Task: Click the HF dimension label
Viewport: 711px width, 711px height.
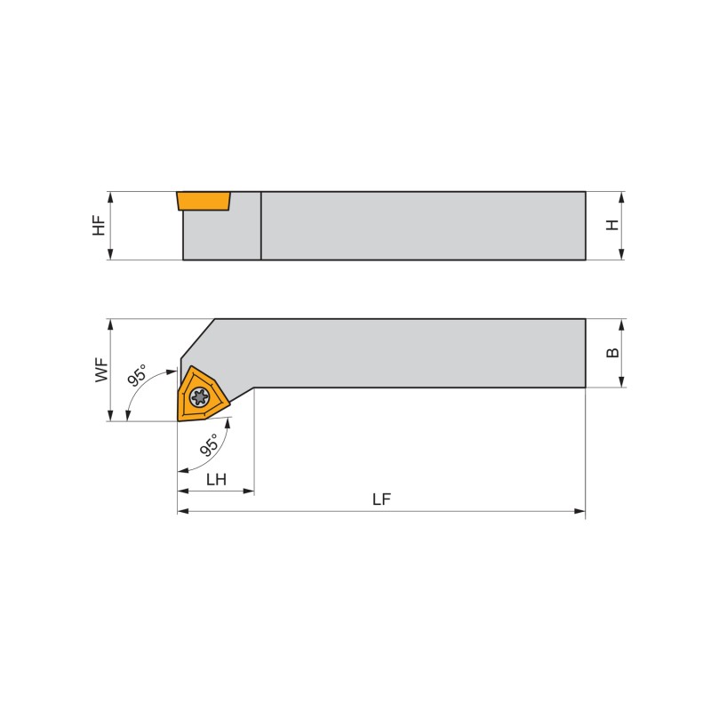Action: tap(99, 226)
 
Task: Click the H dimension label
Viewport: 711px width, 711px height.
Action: tap(612, 225)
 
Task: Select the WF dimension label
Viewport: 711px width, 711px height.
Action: tap(102, 370)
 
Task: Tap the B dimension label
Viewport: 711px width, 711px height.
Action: tap(612, 352)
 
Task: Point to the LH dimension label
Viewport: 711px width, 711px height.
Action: tap(216, 479)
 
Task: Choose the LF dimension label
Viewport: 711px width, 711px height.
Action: tap(382, 499)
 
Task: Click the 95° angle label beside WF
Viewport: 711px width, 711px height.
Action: tap(138, 375)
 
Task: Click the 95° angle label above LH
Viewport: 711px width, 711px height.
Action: tap(210, 444)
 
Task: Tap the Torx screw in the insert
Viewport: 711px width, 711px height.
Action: tap(199, 396)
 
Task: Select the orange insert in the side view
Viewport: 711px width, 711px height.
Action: tap(204, 201)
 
